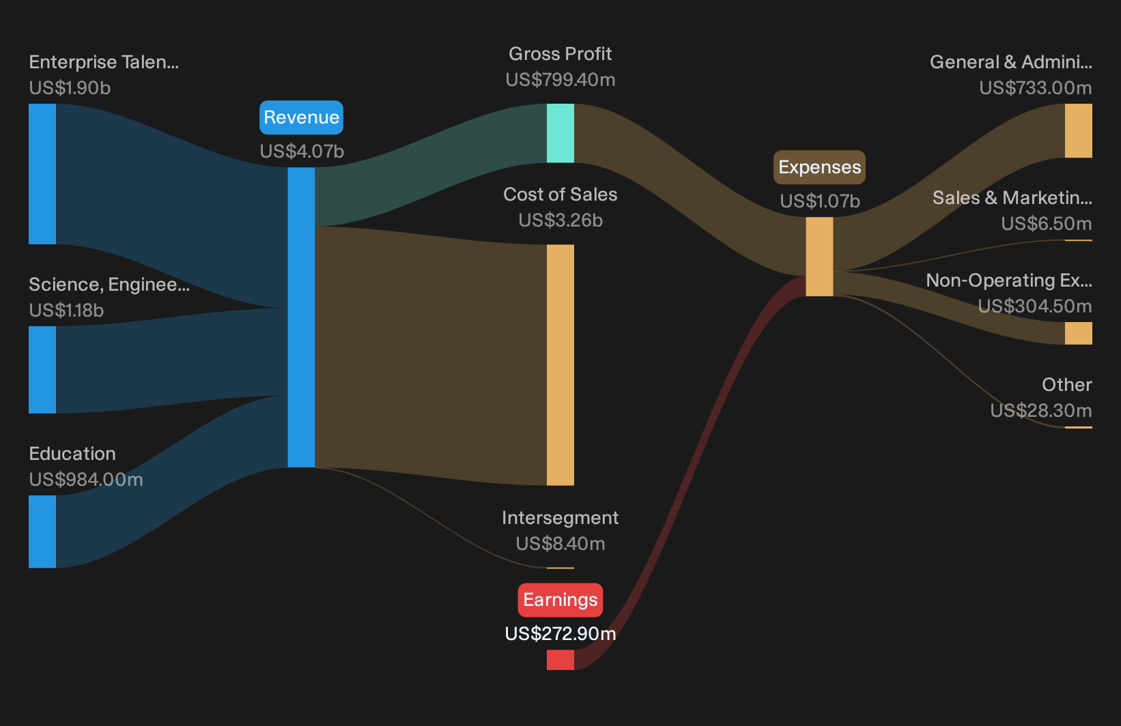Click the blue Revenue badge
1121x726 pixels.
301,117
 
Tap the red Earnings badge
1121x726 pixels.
560,600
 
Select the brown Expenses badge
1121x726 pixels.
819,167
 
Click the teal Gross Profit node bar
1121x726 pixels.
560,133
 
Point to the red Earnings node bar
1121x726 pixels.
560,659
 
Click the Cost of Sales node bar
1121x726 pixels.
560,365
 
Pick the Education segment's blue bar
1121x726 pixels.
42,532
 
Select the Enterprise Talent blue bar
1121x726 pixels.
42,174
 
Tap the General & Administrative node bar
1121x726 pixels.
1079,130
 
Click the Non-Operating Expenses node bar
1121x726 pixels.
1079,333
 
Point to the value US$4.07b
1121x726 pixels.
302,151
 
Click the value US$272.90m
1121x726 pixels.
560,634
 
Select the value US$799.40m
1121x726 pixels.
560,80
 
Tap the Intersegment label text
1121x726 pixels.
560,518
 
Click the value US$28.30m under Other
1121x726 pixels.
1041,411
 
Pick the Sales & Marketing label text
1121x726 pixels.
1012,198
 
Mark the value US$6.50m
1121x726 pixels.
1047,224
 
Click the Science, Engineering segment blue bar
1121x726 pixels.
42,370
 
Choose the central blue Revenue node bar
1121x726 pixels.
301,317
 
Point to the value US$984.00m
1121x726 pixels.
86,480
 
